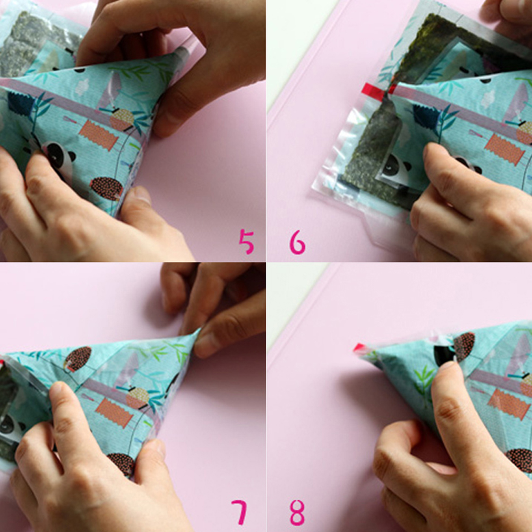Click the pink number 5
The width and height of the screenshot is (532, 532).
tap(246, 241)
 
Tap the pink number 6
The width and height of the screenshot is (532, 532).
tap(297, 242)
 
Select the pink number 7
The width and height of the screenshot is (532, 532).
tap(240, 512)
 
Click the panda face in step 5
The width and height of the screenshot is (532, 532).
tap(58, 157)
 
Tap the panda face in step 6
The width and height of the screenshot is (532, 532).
tap(393, 168)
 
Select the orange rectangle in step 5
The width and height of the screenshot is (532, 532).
tap(98, 135)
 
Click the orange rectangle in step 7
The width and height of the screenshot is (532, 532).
tap(114, 412)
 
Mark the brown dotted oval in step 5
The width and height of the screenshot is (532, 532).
tap(107, 188)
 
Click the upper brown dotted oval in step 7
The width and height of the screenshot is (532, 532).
tap(79, 358)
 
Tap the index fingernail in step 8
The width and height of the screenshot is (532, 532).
tap(448, 367)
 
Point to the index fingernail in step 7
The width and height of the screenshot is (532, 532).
tap(56, 388)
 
